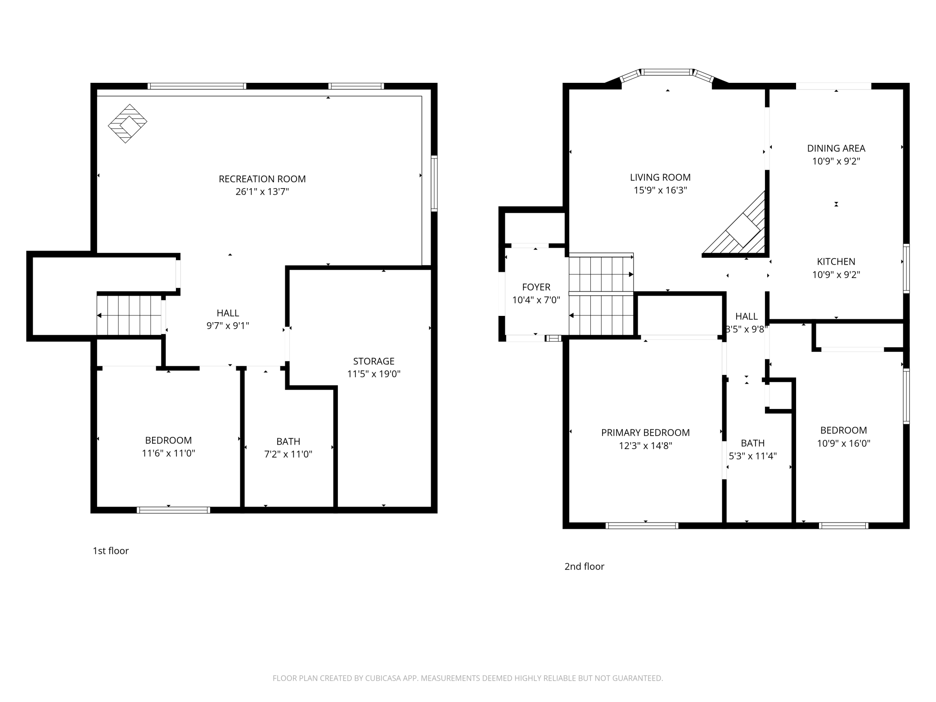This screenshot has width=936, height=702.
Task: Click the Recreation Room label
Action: [262, 179]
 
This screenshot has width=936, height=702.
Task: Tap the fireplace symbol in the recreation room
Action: [128, 124]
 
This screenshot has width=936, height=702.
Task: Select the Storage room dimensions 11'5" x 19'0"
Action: [373, 374]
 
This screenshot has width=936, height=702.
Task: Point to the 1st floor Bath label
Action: [288, 441]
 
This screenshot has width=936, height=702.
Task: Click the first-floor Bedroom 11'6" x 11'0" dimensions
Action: [168, 453]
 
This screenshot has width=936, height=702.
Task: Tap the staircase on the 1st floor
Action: [130, 315]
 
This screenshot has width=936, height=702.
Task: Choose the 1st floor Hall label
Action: [228, 313]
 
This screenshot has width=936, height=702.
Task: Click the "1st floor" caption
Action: [111, 551]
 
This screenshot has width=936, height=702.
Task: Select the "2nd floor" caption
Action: [584, 567]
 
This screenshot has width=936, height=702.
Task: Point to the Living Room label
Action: [660, 177]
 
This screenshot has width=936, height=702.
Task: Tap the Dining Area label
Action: [836, 148]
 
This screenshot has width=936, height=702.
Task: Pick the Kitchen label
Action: [836, 261]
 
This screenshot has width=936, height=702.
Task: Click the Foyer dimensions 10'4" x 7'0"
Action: [536, 300]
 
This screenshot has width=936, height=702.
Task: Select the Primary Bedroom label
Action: [645, 432]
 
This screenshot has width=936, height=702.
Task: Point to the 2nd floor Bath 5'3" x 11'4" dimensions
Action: [753, 456]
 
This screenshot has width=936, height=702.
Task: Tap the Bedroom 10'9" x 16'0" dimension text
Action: [844, 443]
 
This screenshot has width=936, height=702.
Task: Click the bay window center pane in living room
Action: [666, 72]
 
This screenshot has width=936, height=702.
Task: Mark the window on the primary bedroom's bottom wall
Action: [642, 525]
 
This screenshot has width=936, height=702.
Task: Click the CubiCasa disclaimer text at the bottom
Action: [468, 678]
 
